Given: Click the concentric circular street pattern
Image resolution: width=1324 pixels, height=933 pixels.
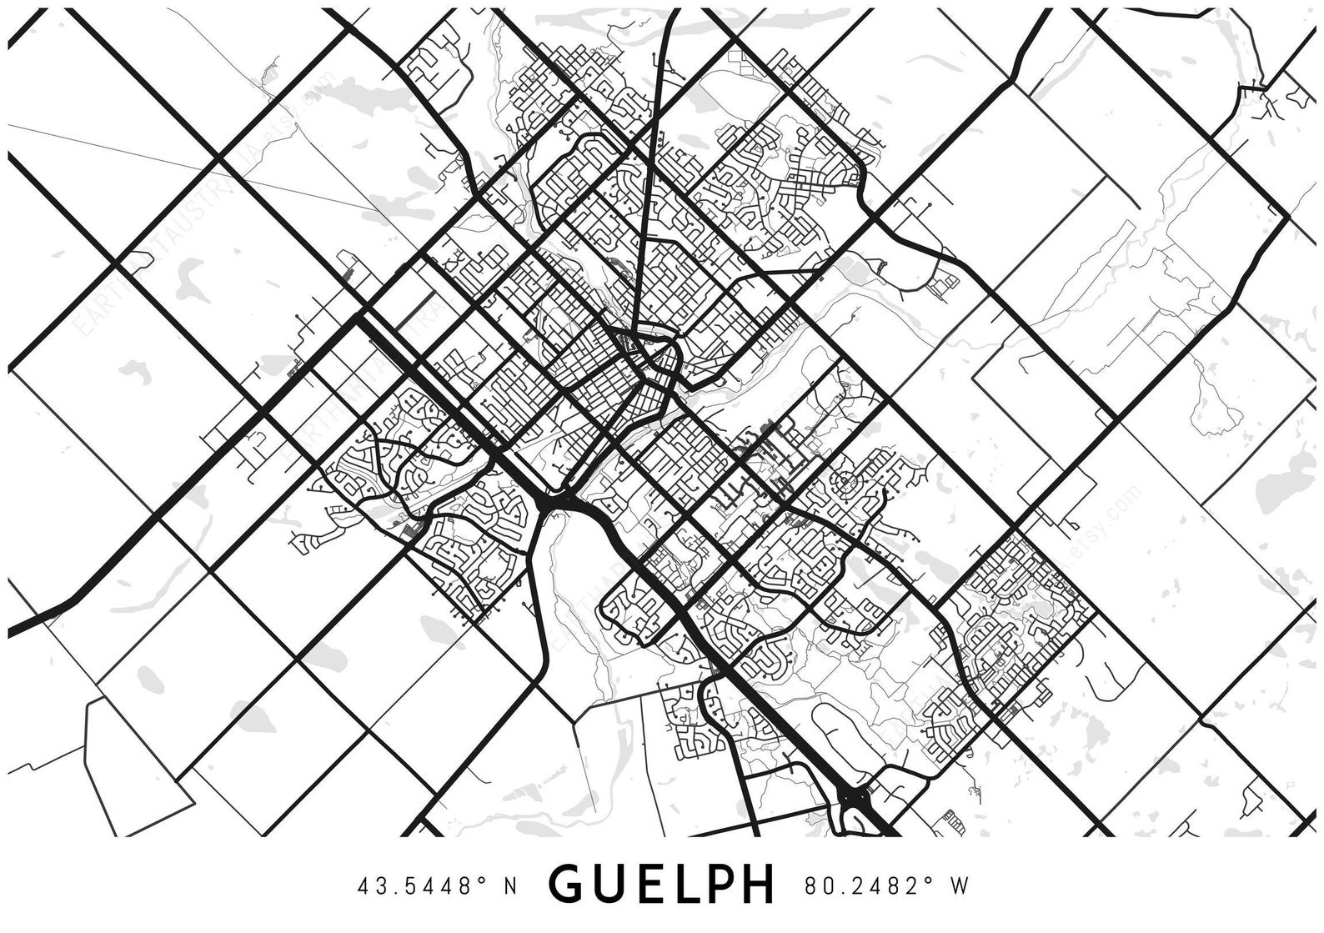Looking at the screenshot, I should [845, 481].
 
